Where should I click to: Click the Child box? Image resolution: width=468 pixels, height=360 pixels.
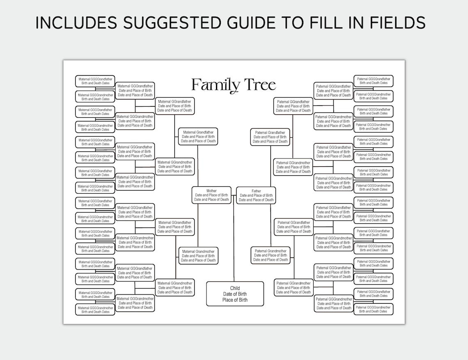[x=235, y=294]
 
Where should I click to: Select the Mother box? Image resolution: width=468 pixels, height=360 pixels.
[x=211, y=195]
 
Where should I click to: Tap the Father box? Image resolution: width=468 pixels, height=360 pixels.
[x=256, y=195]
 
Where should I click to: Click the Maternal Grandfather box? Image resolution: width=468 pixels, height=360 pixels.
[x=198, y=137]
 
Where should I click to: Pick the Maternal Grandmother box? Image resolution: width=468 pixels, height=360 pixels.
[x=198, y=256]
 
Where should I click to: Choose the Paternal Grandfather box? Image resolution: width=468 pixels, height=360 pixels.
[x=270, y=137]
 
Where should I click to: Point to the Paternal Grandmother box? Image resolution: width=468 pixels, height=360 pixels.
[x=271, y=255]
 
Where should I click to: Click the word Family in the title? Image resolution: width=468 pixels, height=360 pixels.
[x=216, y=85]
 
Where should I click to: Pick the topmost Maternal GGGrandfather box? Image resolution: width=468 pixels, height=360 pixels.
[x=95, y=81]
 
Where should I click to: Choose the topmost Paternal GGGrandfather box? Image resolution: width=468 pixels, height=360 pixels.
[x=373, y=80]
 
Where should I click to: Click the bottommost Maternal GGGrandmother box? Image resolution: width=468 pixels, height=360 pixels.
[x=95, y=310]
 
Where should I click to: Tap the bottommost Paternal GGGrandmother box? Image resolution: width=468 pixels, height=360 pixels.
[x=373, y=309]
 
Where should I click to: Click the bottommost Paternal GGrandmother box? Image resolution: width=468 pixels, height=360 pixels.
[x=333, y=303]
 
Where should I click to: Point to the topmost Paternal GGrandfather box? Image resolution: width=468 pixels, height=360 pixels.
[x=333, y=91]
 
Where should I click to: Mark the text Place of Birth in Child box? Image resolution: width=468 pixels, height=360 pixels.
[x=235, y=300]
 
